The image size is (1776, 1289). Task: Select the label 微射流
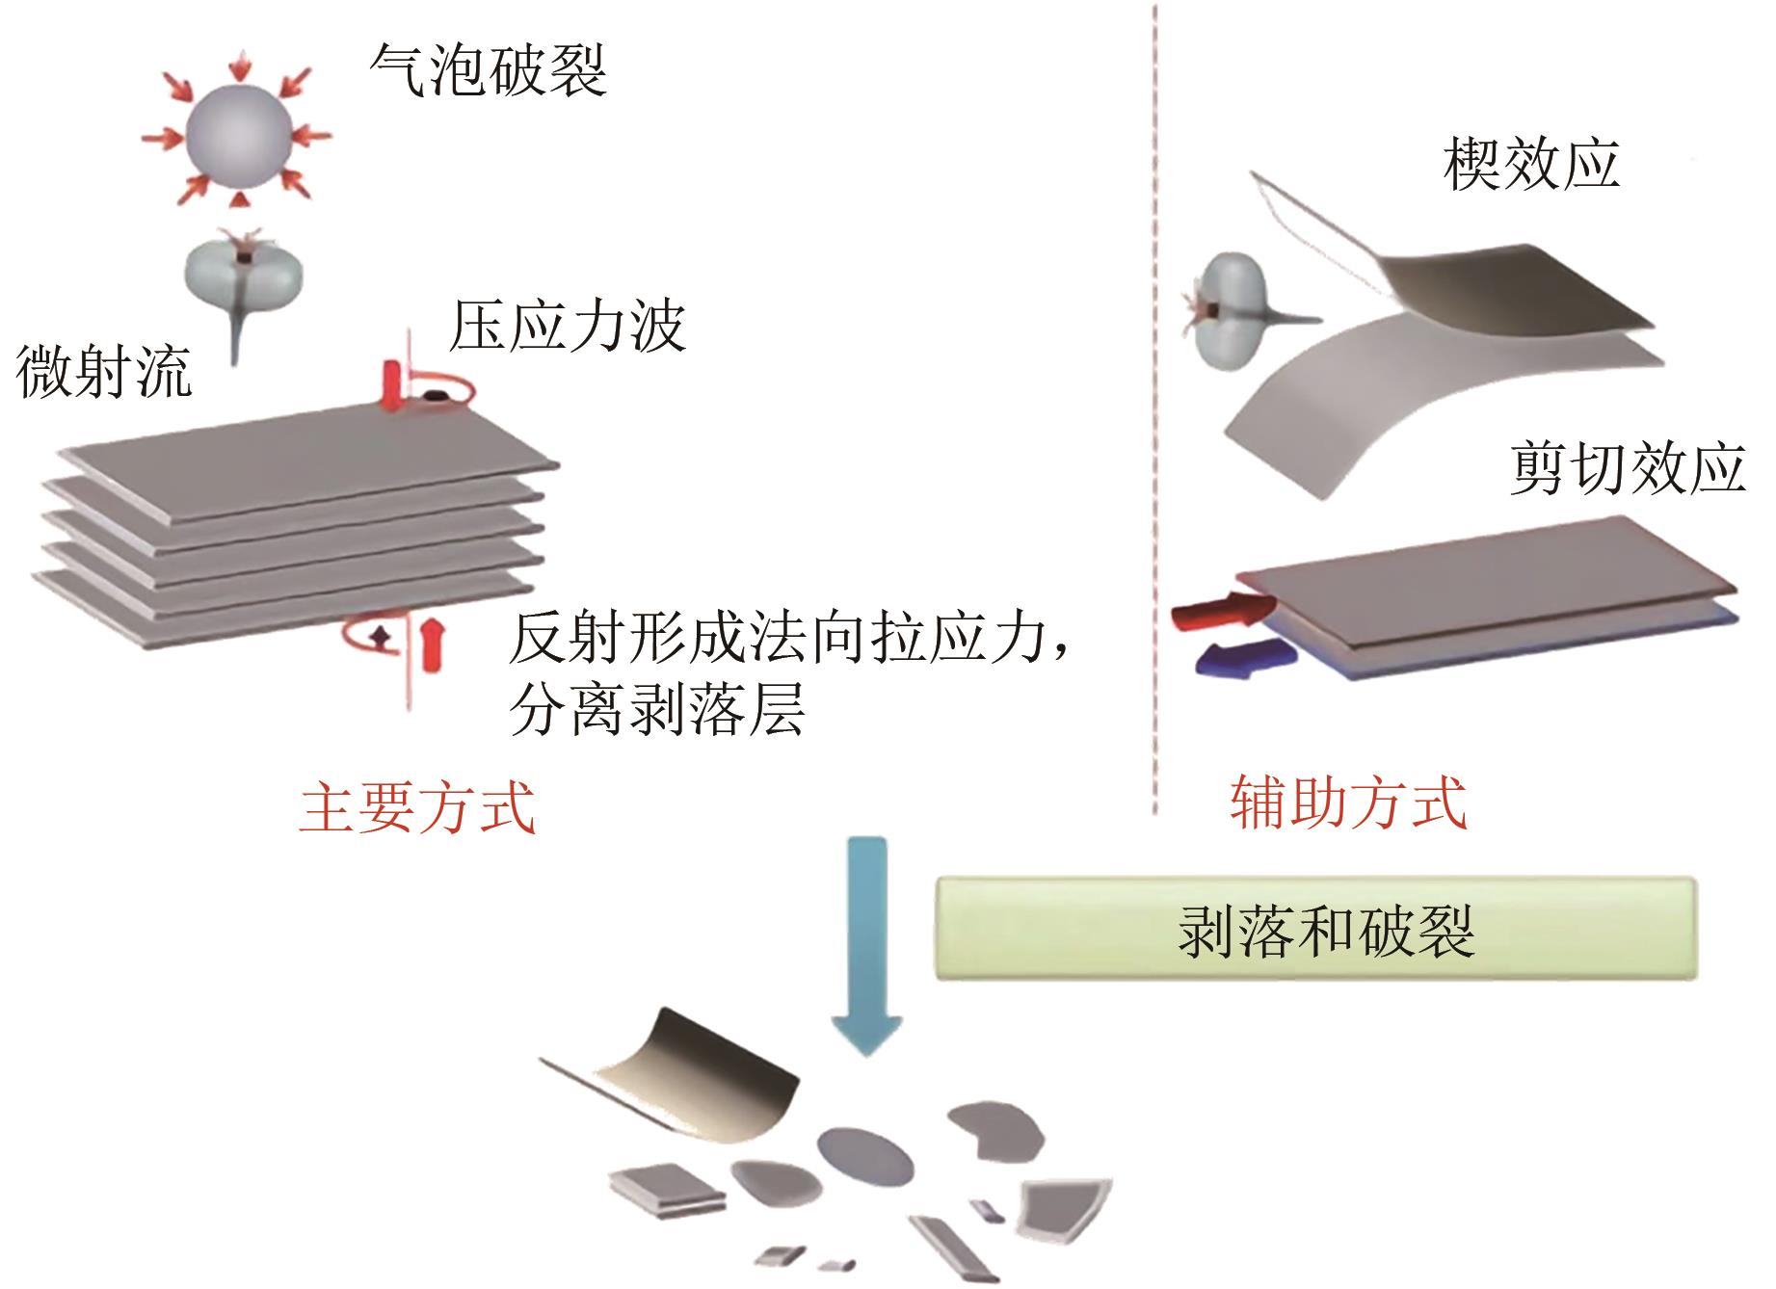click(x=104, y=372)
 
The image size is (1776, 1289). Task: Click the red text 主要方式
click(x=417, y=807)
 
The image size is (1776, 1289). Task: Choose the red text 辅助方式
click(x=1348, y=802)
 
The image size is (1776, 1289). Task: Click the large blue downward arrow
click(x=865, y=946)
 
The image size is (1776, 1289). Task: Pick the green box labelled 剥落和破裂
click(x=1315, y=928)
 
